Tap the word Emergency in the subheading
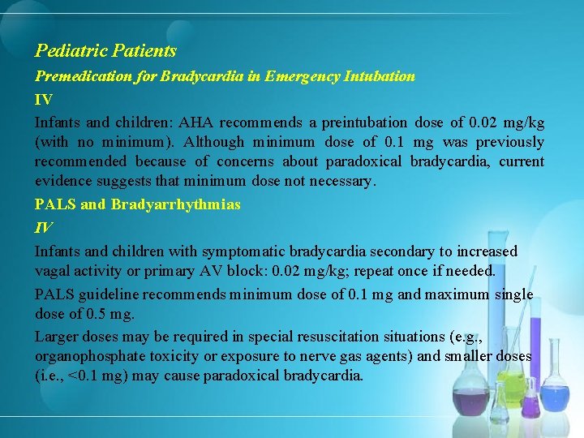coord(317,76)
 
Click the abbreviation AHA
coord(195,122)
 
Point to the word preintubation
coord(364,122)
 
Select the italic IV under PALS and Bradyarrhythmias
coord(43,228)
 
